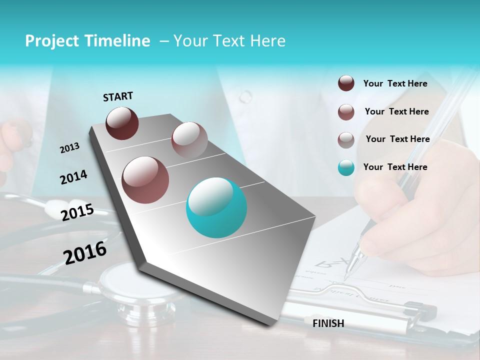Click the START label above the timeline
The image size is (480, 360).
pos(118,96)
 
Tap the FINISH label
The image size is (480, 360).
pos(328,323)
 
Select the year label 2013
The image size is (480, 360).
pos(69,148)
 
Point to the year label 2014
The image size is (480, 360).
pos(73,177)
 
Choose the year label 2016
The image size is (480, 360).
pos(85,253)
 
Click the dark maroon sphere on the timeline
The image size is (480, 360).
pos(122,123)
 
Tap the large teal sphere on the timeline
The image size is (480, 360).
pos(216,208)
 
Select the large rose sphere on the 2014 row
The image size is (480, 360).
pos(145,180)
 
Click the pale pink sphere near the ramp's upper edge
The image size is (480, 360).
pos(189,139)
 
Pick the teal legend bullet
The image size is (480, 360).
pos(346,168)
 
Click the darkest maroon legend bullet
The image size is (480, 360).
pos(346,83)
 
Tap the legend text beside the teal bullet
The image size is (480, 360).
pos(395,167)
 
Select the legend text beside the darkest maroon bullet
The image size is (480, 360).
pos(395,83)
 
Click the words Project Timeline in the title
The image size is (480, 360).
pos(87,41)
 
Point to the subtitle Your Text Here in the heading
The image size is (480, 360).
pos(229,41)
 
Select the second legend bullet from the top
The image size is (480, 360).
pos(346,112)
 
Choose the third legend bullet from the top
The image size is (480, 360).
pos(346,140)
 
